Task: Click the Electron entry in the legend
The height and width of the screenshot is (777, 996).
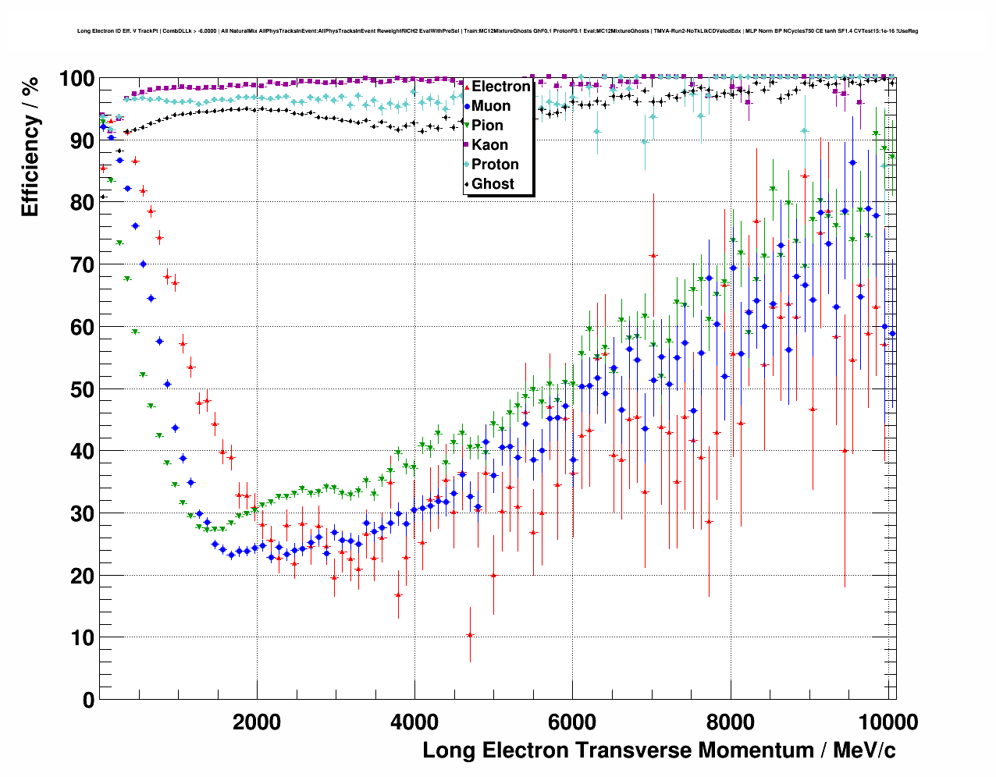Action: (500, 87)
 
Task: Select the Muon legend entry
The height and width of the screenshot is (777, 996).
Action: (491, 106)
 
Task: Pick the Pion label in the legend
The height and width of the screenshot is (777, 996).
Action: (487, 126)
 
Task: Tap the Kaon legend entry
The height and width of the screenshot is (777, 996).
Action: (489, 145)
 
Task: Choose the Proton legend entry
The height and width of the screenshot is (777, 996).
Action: (495, 165)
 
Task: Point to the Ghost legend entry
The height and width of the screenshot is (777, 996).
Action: (493, 184)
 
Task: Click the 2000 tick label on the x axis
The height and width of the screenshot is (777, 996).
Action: (257, 722)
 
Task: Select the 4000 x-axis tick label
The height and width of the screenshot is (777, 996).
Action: (414, 722)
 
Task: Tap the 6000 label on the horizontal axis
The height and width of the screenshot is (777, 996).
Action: (572, 722)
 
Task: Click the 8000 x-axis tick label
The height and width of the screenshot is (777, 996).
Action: (730, 722)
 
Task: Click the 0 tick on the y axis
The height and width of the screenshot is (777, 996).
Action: (88, 700)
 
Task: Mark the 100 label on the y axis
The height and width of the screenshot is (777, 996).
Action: (76, 79)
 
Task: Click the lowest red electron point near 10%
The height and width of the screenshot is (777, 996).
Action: (470, 635)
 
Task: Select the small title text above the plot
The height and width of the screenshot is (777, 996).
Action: (497, 31)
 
